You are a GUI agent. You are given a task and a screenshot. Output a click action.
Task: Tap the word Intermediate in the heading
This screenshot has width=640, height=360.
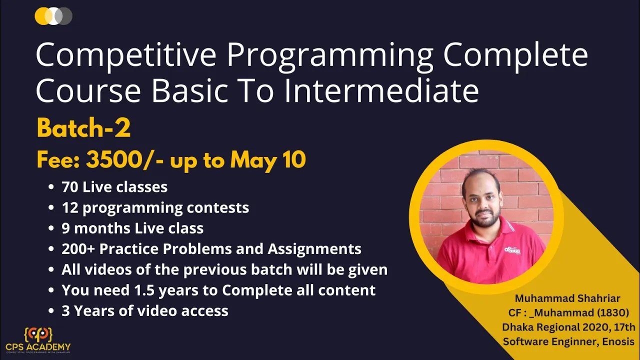pos(381,90)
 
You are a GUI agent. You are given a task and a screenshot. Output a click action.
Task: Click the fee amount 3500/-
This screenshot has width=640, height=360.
pos(125,159)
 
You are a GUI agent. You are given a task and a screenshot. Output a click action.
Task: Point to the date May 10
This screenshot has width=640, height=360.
pos(268,160)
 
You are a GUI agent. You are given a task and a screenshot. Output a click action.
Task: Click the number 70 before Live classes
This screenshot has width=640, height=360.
pos(70,187)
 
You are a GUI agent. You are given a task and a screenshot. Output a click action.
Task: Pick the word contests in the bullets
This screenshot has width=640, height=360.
pos(217,207)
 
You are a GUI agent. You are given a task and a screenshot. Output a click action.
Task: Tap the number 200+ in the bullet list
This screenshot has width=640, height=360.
pos(78,248)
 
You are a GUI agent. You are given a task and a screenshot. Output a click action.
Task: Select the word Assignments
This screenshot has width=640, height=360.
pos(314,249)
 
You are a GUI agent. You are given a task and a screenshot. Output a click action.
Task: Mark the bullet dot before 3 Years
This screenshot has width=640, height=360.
pos(51,310)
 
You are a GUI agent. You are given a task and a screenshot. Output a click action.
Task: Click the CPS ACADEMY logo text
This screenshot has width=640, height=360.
pos(38,347)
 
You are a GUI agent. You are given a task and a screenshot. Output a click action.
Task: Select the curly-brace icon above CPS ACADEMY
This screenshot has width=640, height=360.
pos(38,334)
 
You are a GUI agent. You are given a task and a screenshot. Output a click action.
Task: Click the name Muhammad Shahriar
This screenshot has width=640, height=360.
pos(567,298)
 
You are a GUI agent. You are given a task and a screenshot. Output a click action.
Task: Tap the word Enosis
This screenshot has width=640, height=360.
pos(618,341)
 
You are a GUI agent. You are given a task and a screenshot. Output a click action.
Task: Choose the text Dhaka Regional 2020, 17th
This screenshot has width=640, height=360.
pos(568,327)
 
